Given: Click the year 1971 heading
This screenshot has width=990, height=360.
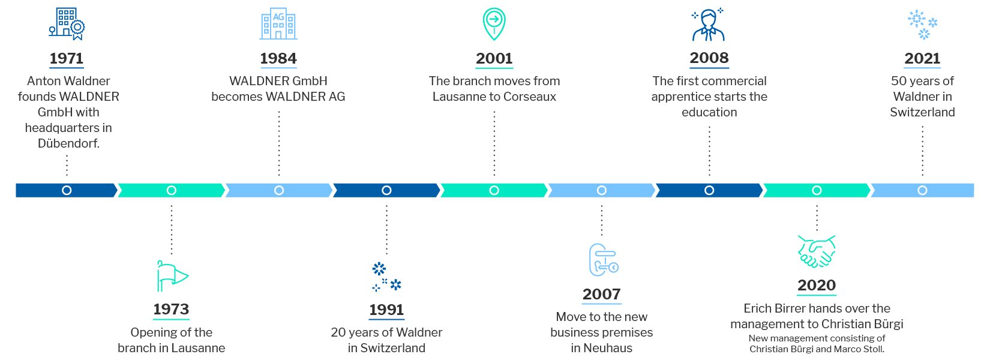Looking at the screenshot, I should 67,58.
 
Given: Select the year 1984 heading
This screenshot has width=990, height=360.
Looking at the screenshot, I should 278,58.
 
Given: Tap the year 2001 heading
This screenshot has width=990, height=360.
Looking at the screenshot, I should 494,58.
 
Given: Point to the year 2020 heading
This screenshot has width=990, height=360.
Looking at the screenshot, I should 817,285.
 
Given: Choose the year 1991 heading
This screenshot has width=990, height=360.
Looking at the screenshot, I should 386,310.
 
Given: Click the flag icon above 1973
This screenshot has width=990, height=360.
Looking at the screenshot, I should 172,276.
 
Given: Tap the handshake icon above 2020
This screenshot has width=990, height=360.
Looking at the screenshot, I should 817,251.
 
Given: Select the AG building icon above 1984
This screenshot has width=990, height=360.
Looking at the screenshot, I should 278,24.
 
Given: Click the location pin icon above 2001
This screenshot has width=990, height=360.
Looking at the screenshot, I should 494,24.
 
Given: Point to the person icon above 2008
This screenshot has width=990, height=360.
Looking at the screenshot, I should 709,25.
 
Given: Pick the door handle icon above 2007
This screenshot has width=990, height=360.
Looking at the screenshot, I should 602,260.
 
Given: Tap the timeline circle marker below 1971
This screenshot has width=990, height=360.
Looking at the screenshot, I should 67,190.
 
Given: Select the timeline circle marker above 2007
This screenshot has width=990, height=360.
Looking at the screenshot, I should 602,190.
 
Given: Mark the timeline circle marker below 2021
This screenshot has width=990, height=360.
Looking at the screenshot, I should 922,190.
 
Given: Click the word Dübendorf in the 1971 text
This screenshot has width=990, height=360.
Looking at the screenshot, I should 68,143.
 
